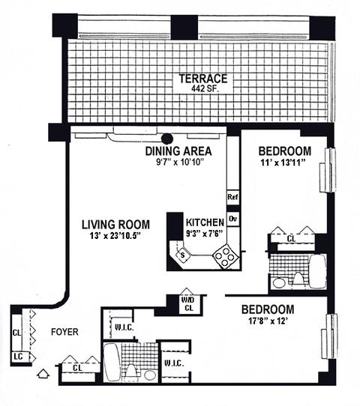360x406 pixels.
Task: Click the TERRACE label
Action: (x=203, y=79)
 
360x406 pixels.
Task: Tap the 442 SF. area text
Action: (x=205, y=89)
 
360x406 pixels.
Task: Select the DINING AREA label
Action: (x=178, y=151)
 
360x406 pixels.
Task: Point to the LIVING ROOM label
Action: (x=115, y=225)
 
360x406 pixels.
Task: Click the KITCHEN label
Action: (x=205, y=222)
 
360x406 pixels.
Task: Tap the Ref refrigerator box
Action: (x=232, y=197)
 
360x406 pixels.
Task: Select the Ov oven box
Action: (x=233, y=219)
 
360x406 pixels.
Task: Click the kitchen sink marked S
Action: (x=183, y=255)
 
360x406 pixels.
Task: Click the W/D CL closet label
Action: (x=189, y=304)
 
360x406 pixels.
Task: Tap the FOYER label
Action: (x=64, y=332)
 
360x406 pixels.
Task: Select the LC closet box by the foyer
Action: (x=19, y=357)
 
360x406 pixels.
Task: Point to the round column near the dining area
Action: (x=167, y=139)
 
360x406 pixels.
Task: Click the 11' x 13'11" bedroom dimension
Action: (x=283, y=163)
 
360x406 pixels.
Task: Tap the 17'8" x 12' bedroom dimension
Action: (x=268, y=321)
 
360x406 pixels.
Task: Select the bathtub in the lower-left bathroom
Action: (x=112, y=363)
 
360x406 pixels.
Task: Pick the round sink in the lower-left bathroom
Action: (x=149, y=375)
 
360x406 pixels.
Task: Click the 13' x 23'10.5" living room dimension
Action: (x=115, y=236)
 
